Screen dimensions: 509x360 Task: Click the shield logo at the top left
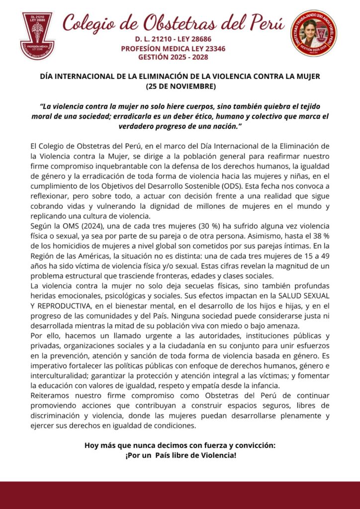[37, 35]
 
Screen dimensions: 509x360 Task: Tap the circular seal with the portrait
[314, 34]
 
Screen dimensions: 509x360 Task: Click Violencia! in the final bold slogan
[216, 454]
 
